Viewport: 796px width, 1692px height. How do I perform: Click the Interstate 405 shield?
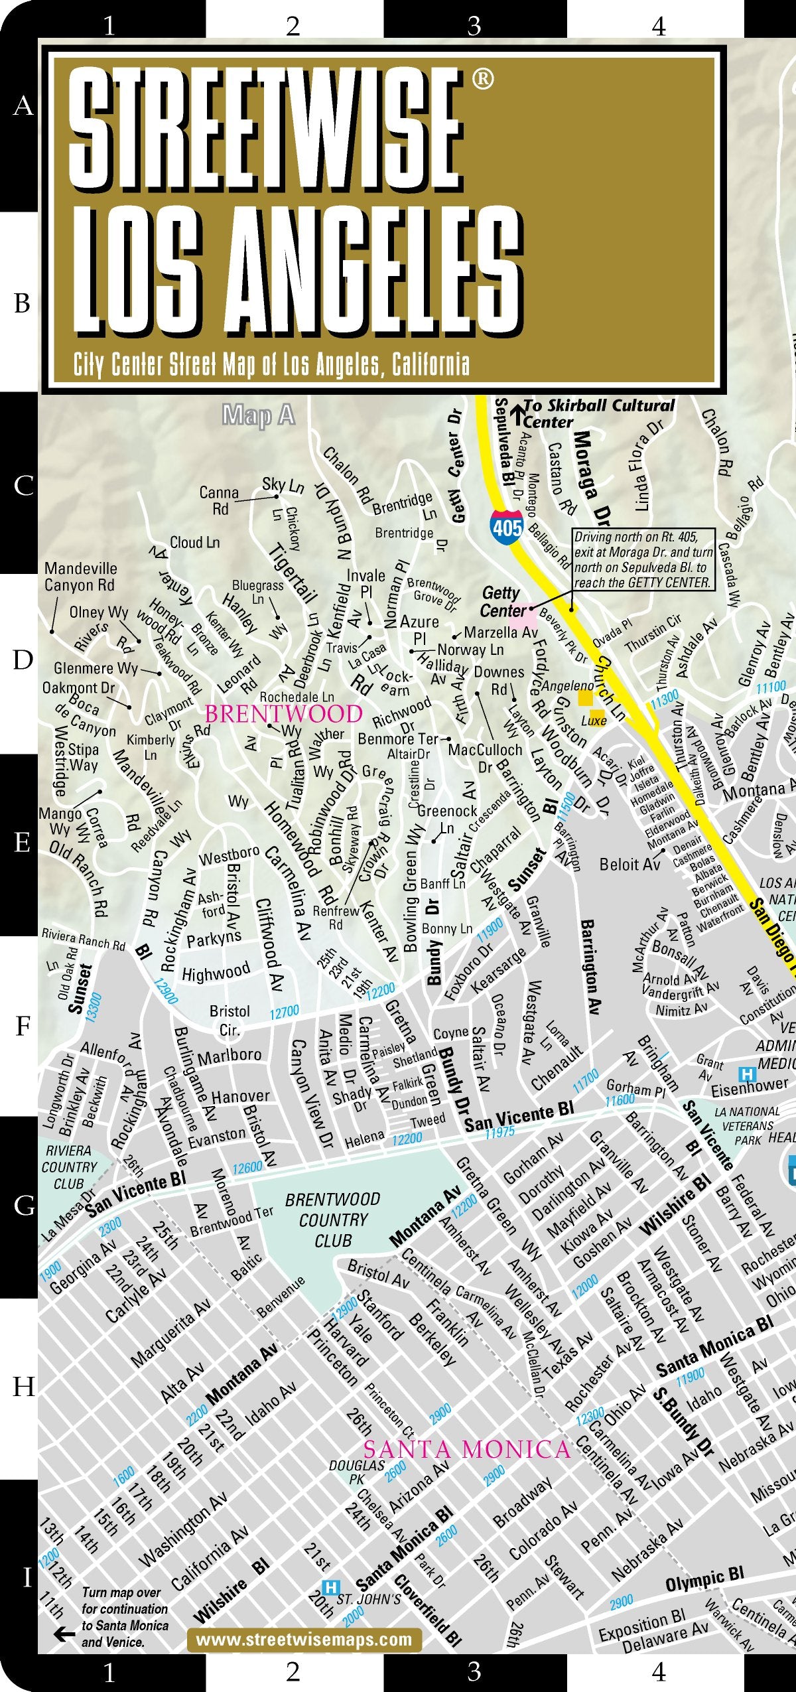[507, 528]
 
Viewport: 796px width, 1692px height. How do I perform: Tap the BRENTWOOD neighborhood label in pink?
[283, 714]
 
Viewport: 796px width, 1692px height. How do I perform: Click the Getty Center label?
[502, 601]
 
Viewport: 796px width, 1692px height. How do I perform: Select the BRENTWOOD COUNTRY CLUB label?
[332, 1220]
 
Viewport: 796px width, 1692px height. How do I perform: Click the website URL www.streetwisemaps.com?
[304, 1639]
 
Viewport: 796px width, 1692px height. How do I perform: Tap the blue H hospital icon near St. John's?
[330, 1588]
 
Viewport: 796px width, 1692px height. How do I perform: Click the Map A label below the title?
[259, 415]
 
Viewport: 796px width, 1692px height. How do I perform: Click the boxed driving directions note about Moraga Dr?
[643, 559]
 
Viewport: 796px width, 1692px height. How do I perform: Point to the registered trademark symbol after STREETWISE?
[482, 79]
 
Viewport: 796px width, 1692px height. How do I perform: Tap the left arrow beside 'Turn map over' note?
[64, 1634]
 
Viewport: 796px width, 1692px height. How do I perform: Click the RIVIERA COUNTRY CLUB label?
[68, 1166]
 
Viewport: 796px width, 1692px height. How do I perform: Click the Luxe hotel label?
[594, 721]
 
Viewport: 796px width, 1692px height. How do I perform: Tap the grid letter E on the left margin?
[22, 843]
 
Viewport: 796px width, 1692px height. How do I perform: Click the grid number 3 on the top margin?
[474, 26]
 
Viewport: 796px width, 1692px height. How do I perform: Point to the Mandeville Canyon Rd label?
[80, 577]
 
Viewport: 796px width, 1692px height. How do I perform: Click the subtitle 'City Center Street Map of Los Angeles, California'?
[271, 364]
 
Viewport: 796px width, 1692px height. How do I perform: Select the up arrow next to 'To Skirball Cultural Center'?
[517, 414]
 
